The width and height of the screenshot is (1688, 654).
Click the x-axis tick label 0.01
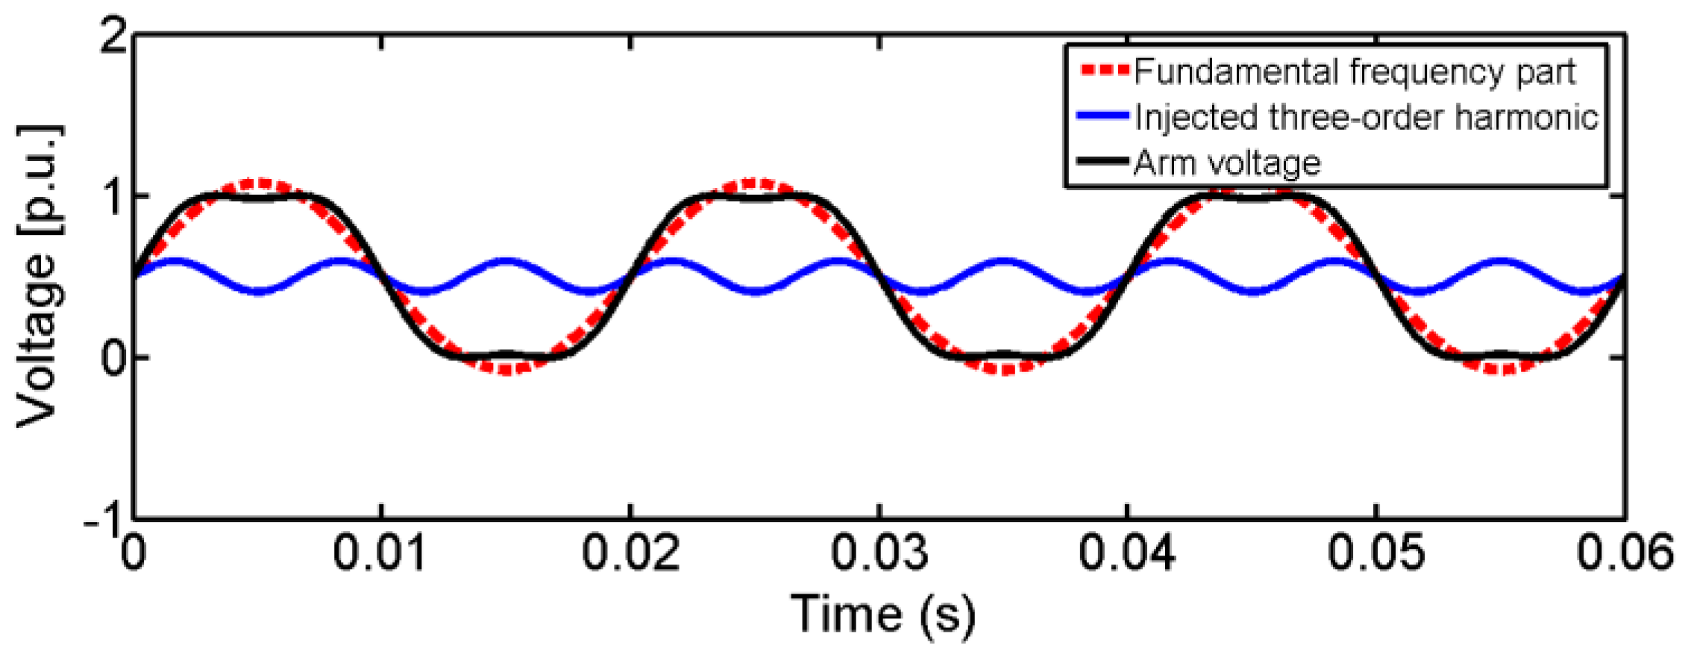380,553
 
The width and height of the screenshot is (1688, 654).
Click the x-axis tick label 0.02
630,553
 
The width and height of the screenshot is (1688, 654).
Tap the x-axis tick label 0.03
879,553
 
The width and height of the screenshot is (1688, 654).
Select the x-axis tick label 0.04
1127,553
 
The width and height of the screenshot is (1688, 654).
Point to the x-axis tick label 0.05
1376,553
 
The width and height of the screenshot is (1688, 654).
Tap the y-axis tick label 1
113,197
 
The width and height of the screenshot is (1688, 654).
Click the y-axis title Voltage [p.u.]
37,276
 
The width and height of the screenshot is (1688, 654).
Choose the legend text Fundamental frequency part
1355,72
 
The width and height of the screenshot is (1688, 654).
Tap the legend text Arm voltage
1227,163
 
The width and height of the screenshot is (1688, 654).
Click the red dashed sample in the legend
1105,71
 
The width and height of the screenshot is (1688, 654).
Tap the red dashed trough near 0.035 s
1004,368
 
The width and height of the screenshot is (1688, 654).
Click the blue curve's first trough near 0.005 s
258,291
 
